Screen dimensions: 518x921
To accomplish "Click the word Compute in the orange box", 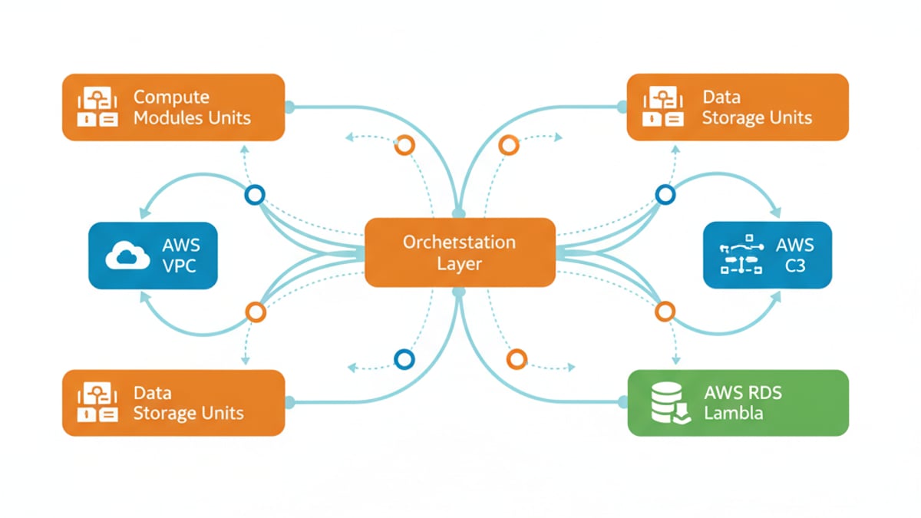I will coord(171,97).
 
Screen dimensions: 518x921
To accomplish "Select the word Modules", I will coord(171,118).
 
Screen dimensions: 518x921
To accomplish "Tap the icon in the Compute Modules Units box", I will coord(97,107).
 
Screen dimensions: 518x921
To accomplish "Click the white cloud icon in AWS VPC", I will coord(127,256).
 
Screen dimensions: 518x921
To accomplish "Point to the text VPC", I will coord(180,266).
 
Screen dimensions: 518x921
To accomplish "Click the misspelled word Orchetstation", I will coord(459,242).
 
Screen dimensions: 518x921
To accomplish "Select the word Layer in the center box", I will coord(459,264).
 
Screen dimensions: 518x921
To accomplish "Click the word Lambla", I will coord(733,413).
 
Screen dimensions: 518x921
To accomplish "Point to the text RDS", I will coord(763,392).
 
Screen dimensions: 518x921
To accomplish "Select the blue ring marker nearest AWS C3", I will coord(665,195).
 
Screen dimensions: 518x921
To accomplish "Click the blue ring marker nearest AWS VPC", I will coord(254,195).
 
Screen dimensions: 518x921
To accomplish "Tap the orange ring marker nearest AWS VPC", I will coord(256,312).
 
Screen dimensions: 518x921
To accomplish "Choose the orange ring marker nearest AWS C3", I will coord(665,312).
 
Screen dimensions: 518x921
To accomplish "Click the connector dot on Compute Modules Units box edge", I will coord(289,107).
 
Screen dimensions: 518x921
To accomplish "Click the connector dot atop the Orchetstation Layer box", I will coord(458,213).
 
